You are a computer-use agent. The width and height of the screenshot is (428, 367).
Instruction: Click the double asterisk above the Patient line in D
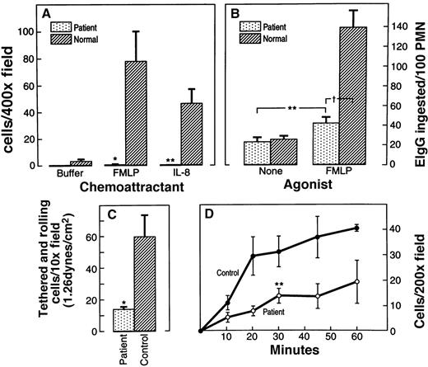(279, 285)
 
